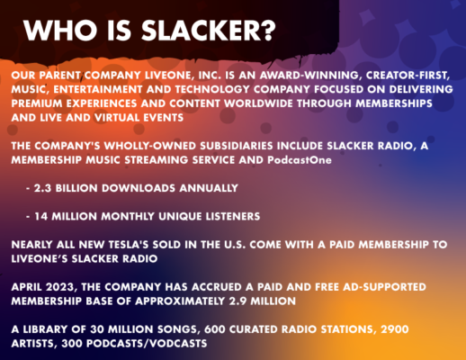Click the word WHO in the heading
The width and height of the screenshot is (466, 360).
[x=60, y=31]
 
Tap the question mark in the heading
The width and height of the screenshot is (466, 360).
[x=267, y=31]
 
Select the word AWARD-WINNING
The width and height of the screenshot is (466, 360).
[x=309, y=75]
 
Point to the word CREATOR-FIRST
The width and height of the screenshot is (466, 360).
[x=408, y=76]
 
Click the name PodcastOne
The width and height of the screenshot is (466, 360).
[x=300, y=159]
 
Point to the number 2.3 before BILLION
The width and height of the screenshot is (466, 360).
[x=42, y=188]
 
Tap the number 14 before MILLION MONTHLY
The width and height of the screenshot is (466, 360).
[x=41, y=216]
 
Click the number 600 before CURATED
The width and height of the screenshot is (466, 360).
[x=215, y=329]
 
